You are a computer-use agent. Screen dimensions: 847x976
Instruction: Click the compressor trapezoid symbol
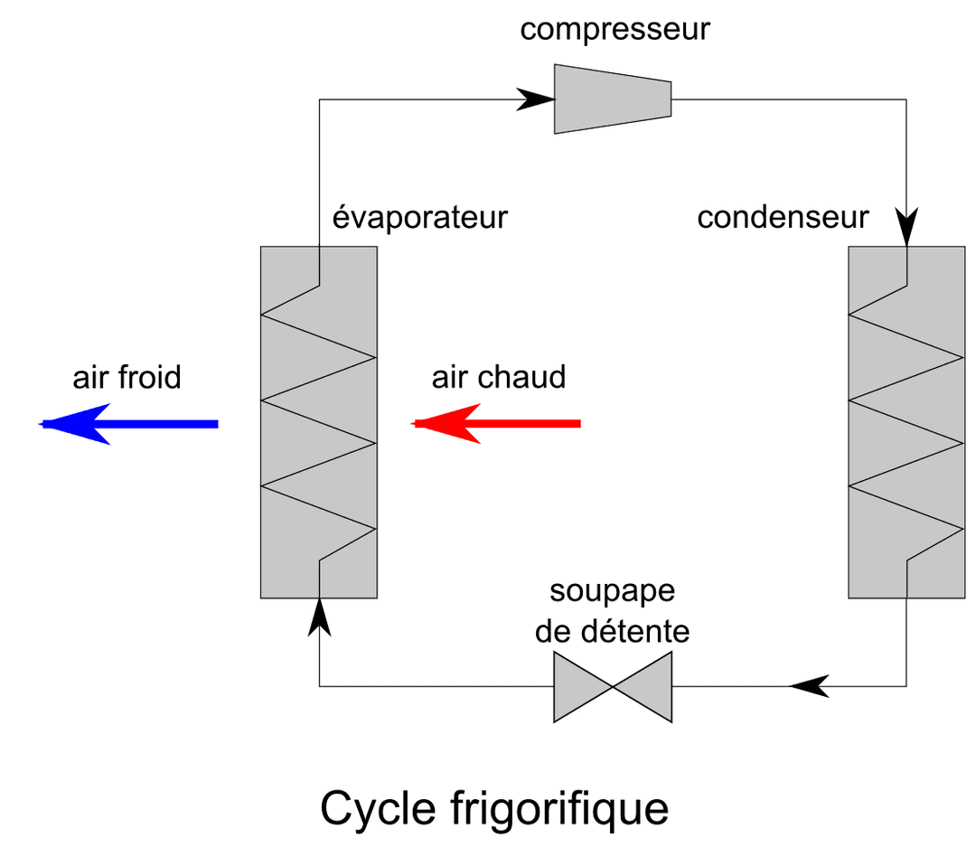click(x=613, y=98)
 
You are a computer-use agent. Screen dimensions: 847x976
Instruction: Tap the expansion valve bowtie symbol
click(x=613, y=686)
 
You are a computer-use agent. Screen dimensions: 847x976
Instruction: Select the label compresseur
click(x=615, y=30)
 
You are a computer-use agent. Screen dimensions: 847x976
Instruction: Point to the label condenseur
click(x=783, y=218)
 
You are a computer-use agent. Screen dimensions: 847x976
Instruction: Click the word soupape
click(x=613, y=594)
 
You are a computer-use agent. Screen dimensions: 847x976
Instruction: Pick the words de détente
click(x=613, y=631)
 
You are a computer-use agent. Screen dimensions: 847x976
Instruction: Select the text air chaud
click(x=499, y=377)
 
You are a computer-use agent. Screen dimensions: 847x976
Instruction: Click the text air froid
click(x=127, y=377)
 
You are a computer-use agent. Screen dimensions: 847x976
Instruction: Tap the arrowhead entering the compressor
click(x=535, y=98)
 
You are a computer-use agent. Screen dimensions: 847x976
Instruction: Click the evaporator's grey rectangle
click(x=318, y=422)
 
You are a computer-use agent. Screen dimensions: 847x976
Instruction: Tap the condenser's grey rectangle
click(x=906, y=422)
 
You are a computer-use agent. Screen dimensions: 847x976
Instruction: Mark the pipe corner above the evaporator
click(x=319, y=99)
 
